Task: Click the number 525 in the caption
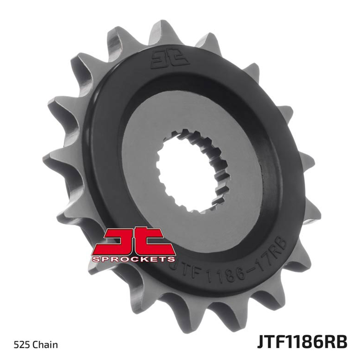click(x=22, y=345)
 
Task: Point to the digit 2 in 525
click(x=22, y=345)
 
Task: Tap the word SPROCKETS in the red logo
click(x=134, y=259)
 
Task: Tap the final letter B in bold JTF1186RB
click(x=342, y=342)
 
